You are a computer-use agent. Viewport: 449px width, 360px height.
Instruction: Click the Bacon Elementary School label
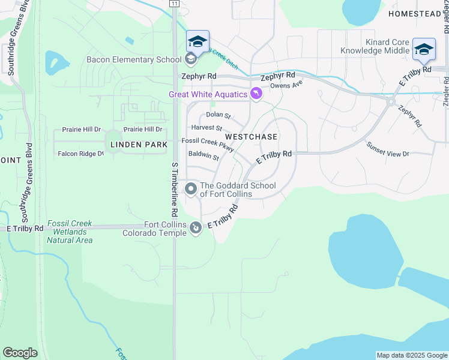[133, 59]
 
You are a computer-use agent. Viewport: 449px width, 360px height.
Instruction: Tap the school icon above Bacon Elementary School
[197, 42]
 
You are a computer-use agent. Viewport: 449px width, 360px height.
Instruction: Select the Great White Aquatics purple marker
[256, 94]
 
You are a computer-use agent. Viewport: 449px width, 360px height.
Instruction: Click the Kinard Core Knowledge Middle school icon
[424, 50]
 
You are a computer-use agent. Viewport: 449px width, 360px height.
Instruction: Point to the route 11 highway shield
[174, 4]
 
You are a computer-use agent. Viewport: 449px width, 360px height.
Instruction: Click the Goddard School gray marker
[191, 190]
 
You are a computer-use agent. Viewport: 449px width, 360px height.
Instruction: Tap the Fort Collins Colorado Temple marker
[196, 228]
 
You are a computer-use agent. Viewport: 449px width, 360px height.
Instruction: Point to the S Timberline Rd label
[175, 189]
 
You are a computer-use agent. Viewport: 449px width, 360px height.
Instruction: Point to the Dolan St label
[218, 115]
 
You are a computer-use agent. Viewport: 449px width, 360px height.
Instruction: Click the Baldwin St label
[203, 155]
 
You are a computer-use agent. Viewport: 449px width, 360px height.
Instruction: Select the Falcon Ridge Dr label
[80, 154]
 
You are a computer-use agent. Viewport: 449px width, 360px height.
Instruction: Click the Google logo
[20, 353]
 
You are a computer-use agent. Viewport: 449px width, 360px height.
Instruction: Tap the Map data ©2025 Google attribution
[412, 355]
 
